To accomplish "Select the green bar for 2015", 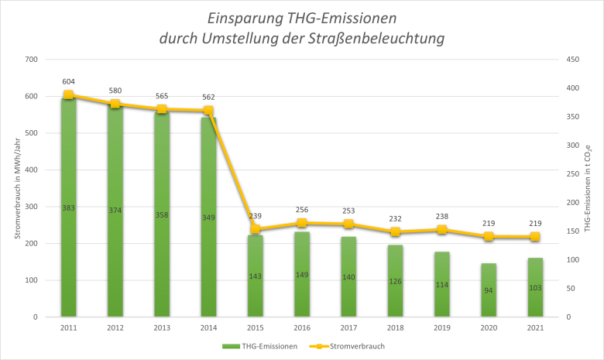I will [x=256, y=255].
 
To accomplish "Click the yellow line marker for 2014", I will [x=208, y=111].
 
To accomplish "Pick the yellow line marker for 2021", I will [x=535, y=237].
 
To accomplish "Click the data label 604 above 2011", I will [x=68, y=81].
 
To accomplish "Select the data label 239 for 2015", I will [x=256, y=216].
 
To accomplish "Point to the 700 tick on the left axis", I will [x=31, y=60].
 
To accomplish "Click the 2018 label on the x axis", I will [x=395, y=328].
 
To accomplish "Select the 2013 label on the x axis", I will [x=162, y=328].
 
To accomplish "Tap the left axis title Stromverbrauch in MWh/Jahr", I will [x=17, y=187].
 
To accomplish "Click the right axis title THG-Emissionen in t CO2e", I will [x=588, y=187].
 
